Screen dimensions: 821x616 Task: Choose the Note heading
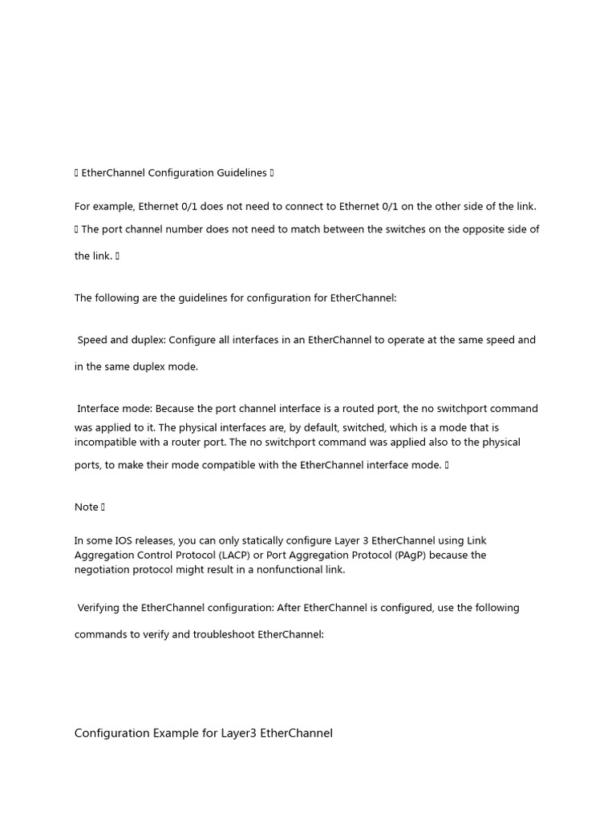86,507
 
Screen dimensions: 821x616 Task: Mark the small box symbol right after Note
103,507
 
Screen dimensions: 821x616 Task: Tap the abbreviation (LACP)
230,556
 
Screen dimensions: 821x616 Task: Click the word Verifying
107,608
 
